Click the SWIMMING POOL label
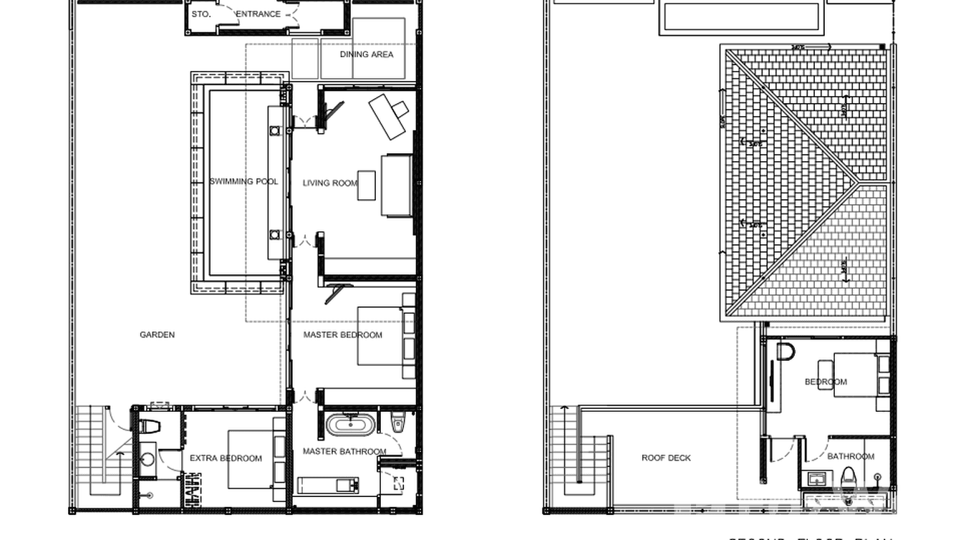coord(243,182)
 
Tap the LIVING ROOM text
coord(329,183)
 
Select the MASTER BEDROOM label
coord(342,335)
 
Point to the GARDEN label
coord(157,335)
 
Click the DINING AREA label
coord(367,54)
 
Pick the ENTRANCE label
coord(258,14)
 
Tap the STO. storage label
coord(201,14)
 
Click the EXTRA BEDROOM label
coord(226,458)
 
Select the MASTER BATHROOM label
coord(344,452)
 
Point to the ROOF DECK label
coord(666,458)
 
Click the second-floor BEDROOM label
coord(826,382)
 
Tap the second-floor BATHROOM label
coord(851,457)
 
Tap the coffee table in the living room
coord(367,185)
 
